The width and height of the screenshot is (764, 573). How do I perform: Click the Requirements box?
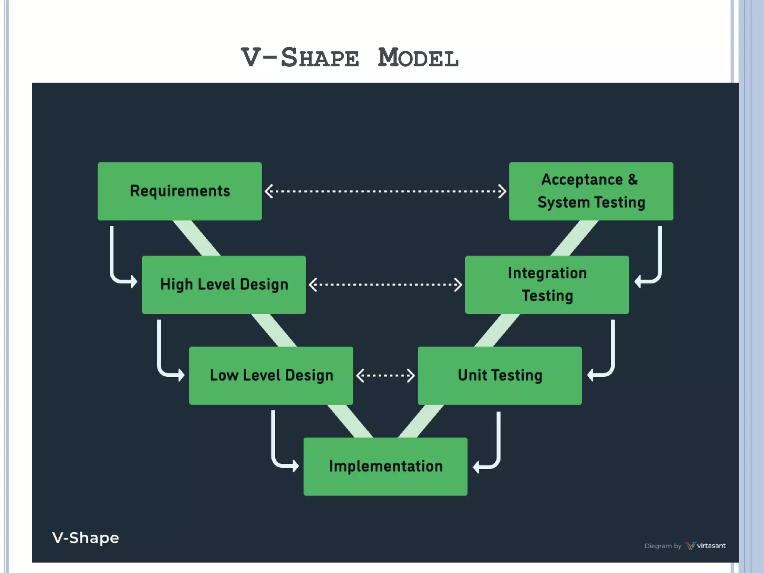(x=179, y=191)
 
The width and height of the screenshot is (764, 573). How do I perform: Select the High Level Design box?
(x=224, y=284)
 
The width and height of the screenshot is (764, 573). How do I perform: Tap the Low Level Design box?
(x=271, y=375)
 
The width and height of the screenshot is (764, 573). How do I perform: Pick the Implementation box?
(x=385, y=466)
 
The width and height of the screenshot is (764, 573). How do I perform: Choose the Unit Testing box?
(x=500, y=375)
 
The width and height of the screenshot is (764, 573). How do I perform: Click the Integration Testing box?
(x=547, y=284)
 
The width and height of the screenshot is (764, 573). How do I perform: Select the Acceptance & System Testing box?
(x=591, y=191)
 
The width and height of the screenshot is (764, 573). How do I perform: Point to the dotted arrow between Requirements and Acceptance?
(x=385, y=191)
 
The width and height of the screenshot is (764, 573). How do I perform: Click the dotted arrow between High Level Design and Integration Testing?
(x=385, y=285)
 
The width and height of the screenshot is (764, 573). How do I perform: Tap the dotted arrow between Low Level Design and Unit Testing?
(x=385, y=376)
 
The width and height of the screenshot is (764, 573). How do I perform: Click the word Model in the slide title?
(x=418, y=58)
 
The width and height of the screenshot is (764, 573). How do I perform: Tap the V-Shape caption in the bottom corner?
(x=85, y=538)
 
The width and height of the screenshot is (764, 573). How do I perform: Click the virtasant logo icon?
(x=690, y=546)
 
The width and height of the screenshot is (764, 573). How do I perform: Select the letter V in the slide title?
(x=251, y=58)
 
